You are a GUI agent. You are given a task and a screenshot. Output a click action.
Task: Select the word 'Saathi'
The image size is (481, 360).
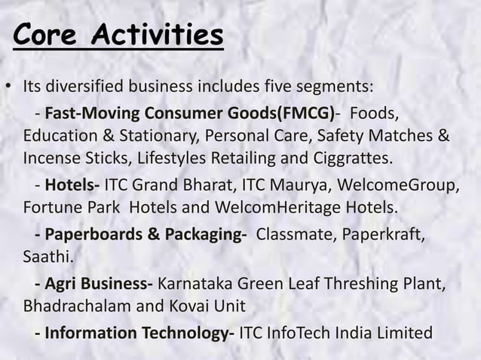pyautogui.click(x=47, y=258)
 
